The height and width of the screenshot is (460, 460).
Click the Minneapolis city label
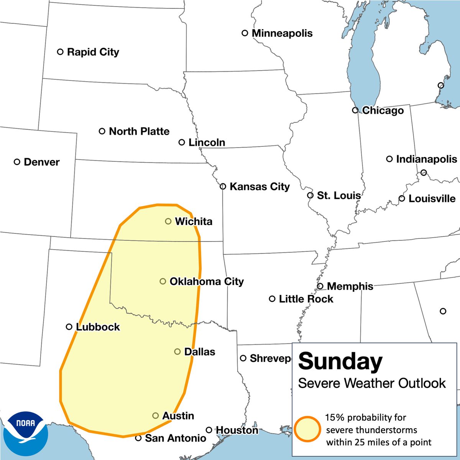point(282,33)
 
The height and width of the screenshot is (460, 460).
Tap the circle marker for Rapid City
point(60,52)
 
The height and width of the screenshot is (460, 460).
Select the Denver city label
point(41,162)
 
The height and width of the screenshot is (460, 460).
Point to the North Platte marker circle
point(102,131)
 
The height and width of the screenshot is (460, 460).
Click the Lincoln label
point(207,143)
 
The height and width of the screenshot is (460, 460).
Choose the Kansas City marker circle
point(223,187)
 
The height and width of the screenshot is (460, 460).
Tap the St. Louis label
point(339,195)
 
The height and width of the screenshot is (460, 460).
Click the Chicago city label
point(383,111)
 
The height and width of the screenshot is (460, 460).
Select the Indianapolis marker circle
point(389,159)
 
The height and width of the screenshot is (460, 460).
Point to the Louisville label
point(432,199)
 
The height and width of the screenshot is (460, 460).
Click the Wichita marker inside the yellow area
point(168,221)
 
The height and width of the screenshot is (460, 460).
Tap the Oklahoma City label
point(207,281)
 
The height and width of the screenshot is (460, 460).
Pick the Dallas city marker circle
point(177,352)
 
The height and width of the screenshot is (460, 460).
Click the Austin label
point(178,416)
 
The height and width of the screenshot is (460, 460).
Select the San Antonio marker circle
point(138,438)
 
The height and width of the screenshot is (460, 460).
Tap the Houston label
point(237,430)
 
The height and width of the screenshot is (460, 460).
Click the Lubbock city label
point(98,327)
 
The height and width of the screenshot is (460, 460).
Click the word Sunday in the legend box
point(340,361)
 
